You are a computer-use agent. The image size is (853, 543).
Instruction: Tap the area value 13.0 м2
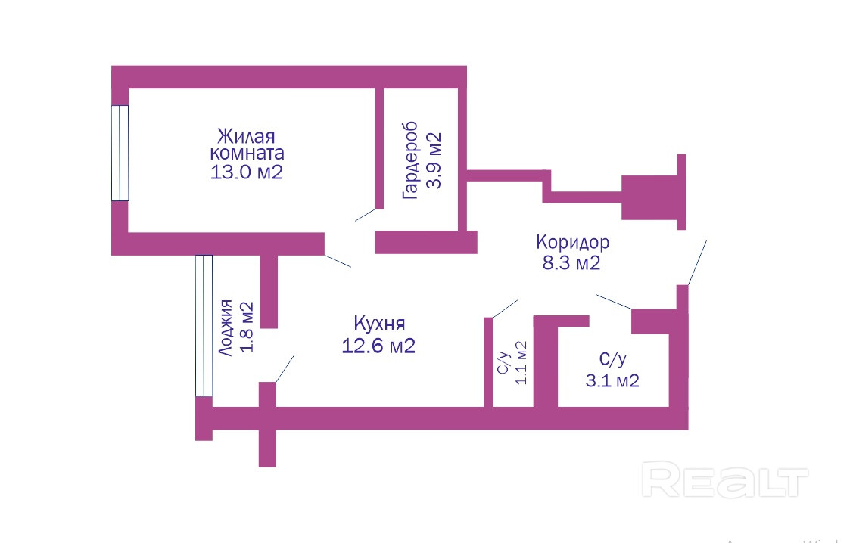point(247,172)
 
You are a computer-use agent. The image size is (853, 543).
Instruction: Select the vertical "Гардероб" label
point(411,160)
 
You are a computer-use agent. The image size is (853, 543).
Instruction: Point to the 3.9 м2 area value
point(434,160)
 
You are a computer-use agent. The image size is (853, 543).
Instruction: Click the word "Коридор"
point(572,243)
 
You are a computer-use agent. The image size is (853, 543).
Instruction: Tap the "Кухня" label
point(379,324)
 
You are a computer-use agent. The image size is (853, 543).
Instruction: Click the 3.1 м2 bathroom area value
point(612,380)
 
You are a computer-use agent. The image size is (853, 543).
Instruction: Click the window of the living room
point(120,153)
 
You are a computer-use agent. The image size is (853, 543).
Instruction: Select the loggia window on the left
point(204,325)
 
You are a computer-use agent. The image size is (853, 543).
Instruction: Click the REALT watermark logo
point(724,481)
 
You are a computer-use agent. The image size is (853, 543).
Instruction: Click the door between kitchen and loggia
point(285,368)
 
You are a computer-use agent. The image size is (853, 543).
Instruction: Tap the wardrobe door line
point(365,214)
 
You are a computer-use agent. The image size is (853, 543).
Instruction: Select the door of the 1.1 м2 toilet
point(505,308)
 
